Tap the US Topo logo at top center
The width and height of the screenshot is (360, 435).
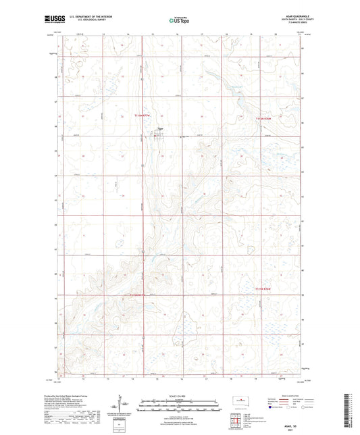pos(178,21)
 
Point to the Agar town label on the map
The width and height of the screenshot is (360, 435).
pos(160,130)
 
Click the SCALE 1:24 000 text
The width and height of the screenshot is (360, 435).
pos(179,396)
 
